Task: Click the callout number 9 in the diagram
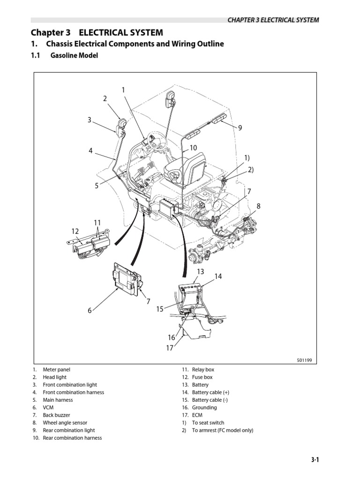(240, 127)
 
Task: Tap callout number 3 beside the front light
(89, 120)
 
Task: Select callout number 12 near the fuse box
(75, 231)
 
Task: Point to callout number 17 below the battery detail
(169, 348)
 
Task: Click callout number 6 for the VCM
(90, 310)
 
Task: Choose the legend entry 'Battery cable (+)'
(210, 392)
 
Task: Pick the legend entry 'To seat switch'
(208, 422)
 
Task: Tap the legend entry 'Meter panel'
(56, 369)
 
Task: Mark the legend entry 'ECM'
(197, 415)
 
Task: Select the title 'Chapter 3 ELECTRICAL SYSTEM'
(97, 32)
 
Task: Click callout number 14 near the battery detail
(218, 277)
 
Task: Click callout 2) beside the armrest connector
(250, 169)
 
